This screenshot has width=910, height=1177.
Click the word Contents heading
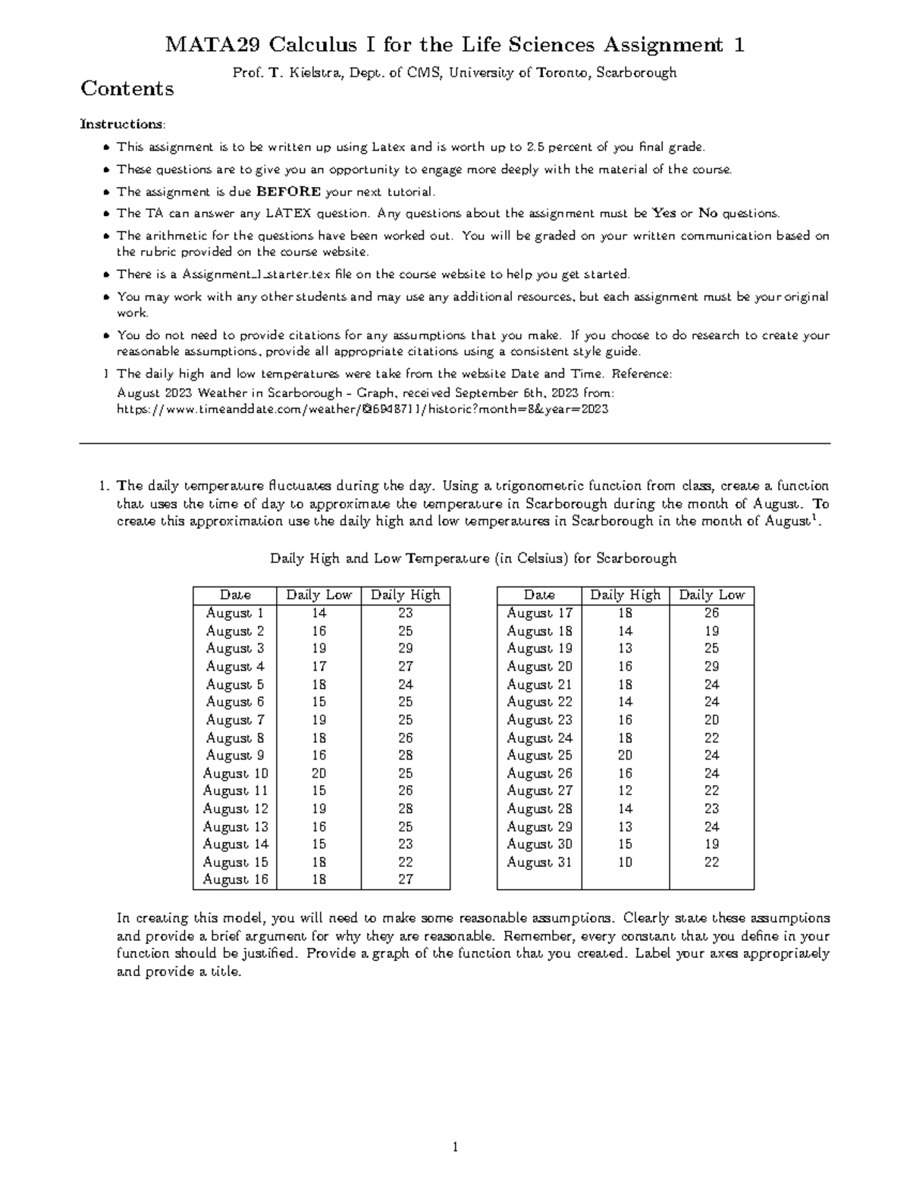click(x=127, y=89)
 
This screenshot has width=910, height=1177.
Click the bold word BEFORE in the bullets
click(x=289, y=192)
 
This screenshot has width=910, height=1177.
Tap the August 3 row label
click(x=235, y=649)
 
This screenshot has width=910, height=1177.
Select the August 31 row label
click(x=539, y=862)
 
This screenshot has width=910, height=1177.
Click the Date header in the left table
click(x=235, y=595)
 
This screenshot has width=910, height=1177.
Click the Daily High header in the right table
click(x=625, y=595)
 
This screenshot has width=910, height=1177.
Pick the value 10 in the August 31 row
click(x=625, y=862)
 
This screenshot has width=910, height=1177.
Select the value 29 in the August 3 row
click(x=406, y=649)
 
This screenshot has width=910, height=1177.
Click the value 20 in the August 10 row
click(x=318, y=774)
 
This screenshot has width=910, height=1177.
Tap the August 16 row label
click(x=235, y=880)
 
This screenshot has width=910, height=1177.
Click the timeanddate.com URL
click(x=362, y=409)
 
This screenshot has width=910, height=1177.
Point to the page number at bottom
click(x=455, y=1147)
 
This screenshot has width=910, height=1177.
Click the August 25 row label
click(x=539, y=756)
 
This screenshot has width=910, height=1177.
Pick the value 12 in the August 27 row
click(x=625, y=791)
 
